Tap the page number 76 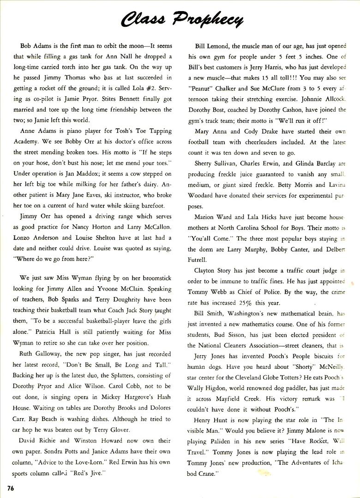point(12,487)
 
